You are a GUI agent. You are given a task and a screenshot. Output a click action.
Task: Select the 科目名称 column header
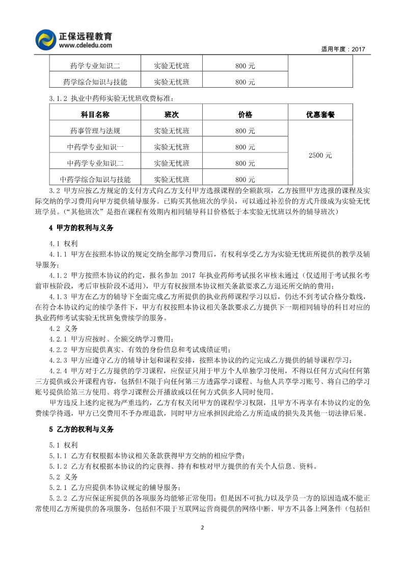coord(95,115)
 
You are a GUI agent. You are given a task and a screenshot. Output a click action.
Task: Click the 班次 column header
coord(172,115)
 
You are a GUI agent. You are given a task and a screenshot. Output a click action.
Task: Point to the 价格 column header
coord(245,115)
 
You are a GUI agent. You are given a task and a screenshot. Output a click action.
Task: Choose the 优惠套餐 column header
coord(320,115)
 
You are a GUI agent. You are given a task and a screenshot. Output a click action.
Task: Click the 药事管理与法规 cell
coord(95,131)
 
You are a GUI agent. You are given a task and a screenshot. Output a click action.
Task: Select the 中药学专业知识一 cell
coord(95,147)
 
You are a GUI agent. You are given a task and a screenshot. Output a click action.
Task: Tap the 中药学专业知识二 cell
coord(95,163)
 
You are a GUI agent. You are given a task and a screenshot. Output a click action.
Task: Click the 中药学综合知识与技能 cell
coord(95,179)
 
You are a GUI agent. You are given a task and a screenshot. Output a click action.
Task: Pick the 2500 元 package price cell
coord(320,155)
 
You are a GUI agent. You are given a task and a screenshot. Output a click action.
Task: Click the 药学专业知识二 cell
coord(95,65)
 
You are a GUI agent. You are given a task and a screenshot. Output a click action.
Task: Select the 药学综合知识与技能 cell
coord(95,82)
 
